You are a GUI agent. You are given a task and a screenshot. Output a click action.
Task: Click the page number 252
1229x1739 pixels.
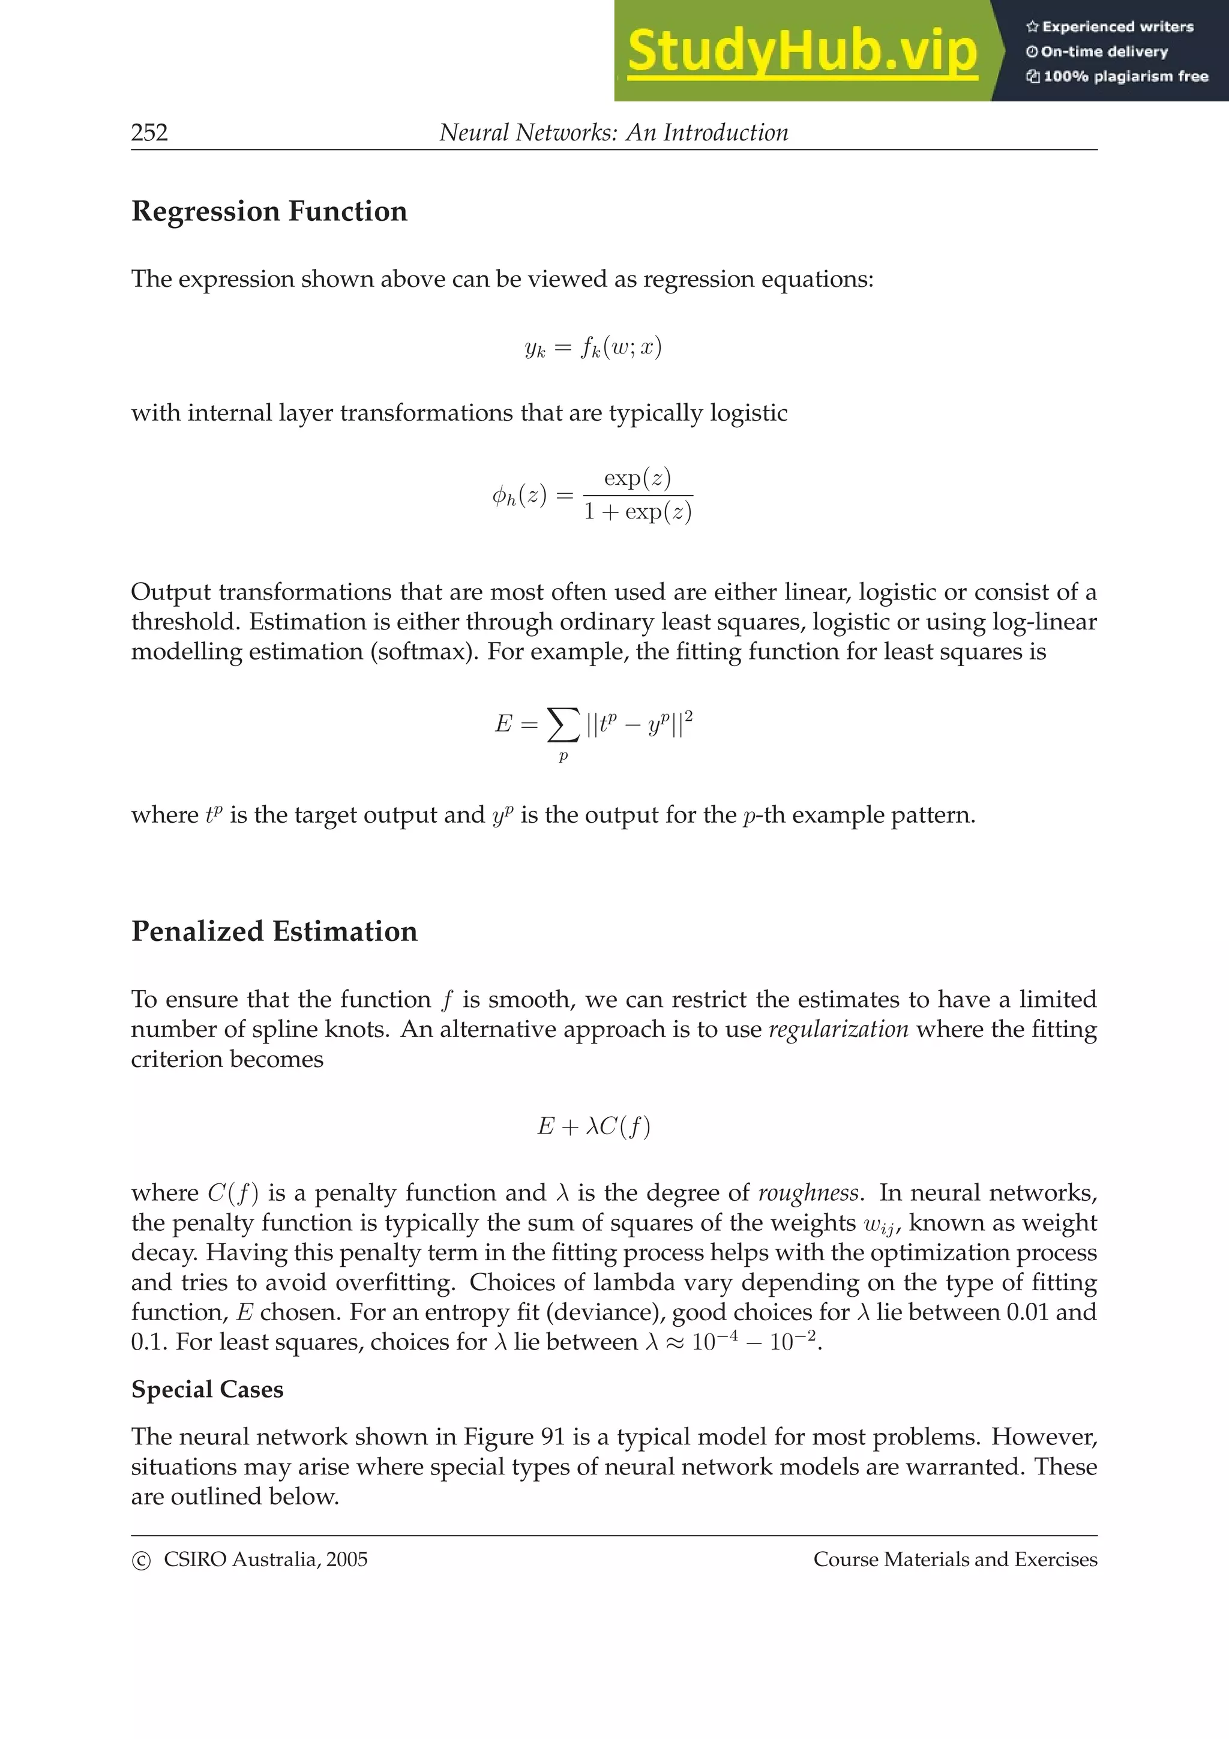pyautogui.click(x=149, y=133)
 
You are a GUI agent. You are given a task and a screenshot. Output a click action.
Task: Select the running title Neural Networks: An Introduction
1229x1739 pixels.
pyautogui.click(x=613, y=133)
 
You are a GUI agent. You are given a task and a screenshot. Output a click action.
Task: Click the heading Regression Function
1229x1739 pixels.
pyautogui.click(x=269, y=211)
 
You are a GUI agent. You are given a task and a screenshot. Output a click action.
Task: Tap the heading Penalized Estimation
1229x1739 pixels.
pyautogui.click(x=274, y=931)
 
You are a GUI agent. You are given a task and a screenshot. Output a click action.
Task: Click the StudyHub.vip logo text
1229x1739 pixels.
pyautogui.click(x=802, y=52)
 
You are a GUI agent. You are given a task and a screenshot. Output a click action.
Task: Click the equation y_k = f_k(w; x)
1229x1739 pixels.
pyautogui.click(x=593, y=347)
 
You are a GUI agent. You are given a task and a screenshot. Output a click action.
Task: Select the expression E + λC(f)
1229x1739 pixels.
pyautogui.click(x=593, y=1127)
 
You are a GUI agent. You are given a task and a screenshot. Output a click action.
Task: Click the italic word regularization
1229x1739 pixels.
pyautogui.click(x=838, y=1029)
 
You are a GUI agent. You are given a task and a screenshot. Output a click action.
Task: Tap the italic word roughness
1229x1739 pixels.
pyautogui.click(x=808, y=1193)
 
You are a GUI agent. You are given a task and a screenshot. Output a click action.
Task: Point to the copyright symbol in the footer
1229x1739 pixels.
pyautogui.click(x=141, y=1561)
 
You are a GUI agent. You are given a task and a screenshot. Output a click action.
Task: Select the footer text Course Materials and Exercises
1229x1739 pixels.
pyautogui.click(x=955, y=1560)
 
